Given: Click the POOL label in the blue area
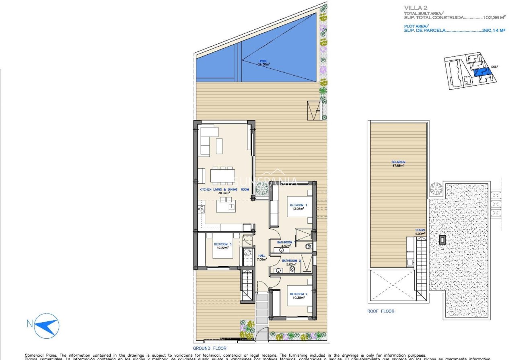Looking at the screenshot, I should tap(263, 61).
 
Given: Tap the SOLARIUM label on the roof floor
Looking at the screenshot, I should tap(398, 162).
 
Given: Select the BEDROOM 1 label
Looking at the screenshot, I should tap(298, 205).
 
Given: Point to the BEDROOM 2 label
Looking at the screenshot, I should tap(298, 294).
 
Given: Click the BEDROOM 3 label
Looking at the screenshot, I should tap(222, 244).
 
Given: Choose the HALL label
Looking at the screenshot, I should tap(262, 256).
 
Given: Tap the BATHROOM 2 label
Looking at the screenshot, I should tap(291, 261).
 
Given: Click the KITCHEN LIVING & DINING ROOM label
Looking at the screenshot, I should tap(224, 189).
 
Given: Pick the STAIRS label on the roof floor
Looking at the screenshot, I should tap(420, 230).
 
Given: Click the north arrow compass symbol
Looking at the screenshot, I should tap(47, 325).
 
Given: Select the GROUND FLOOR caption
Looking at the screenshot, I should tap(210, 348).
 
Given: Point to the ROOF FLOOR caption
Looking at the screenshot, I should tap(381, 311).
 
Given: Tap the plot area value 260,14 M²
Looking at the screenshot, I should tap(493, 30).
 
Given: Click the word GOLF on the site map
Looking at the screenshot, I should tap(495, 67).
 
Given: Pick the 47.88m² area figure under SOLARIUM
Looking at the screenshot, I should tap(398, 165).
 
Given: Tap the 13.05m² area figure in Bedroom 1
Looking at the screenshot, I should tap(298, 209).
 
